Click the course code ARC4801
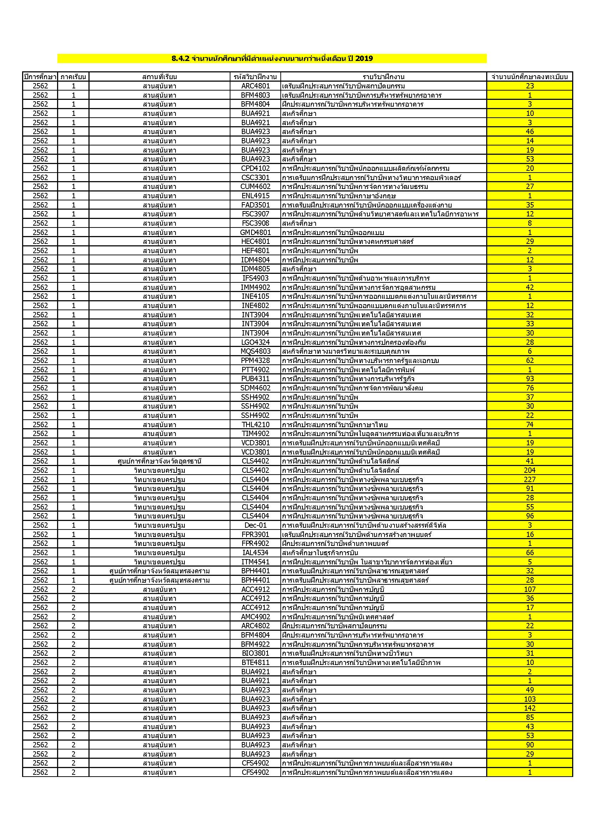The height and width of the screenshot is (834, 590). (255, 86)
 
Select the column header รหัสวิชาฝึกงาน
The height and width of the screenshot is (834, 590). (255, 77)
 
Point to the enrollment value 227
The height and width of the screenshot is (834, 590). (530, 480)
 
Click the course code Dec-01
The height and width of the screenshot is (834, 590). (255, 525)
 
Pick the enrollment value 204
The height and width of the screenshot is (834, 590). (530, 470)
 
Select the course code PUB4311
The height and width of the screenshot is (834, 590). (255, 379)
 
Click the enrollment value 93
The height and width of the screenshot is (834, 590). (530, 379)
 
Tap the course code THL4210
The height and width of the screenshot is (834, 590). (255, 425)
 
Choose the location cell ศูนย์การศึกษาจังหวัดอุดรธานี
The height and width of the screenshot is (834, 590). (159, 461)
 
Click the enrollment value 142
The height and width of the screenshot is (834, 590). (530, 708)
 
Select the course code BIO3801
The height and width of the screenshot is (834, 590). (255, 654)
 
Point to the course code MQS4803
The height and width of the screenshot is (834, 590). (255, 351)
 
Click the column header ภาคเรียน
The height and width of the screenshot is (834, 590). (73, 77)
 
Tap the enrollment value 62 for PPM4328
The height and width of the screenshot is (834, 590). (530, 360)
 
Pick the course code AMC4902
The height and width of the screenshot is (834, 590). (255, 617)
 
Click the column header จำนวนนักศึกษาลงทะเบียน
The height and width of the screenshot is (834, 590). (530, 77)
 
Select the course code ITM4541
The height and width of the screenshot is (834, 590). (255, 562)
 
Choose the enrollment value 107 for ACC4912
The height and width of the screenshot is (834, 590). (530, 589)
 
